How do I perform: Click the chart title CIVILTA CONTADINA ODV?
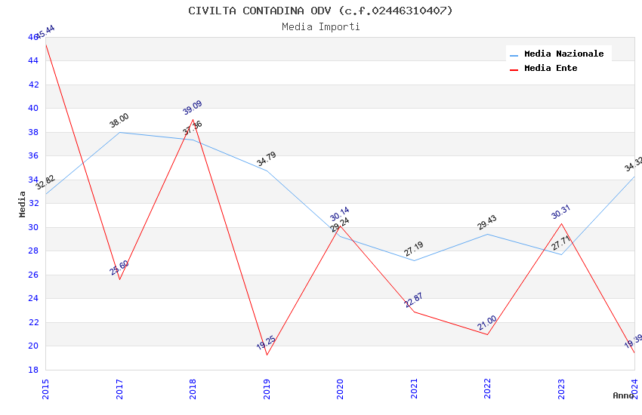320,11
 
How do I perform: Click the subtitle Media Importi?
320,27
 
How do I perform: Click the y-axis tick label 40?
33,108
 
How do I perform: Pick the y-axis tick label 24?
33,298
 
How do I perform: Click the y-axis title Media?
23,204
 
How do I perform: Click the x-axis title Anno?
623,395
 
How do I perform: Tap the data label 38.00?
119,121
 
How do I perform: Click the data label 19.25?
266,343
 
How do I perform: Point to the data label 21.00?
487,323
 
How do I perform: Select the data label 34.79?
266,159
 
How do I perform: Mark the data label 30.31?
560,212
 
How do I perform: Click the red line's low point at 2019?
267,355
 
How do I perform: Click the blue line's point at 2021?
413,261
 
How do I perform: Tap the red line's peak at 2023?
561,223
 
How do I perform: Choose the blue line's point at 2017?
119,132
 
